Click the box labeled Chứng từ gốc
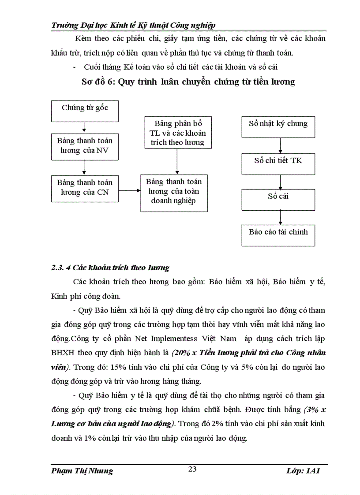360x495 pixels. point(85,111)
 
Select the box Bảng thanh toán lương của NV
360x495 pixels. point(85,146)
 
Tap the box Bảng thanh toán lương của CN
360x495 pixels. point(85,188)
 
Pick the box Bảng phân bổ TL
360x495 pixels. point(177,132)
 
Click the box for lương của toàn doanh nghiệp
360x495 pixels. point(174,193)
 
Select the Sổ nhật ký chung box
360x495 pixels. point(278,127)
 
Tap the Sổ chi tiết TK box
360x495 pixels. point(278,164)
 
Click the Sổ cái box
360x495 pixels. point(278,199)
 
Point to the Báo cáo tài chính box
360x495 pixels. point(278,235)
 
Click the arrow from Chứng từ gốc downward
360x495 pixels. point(84,127)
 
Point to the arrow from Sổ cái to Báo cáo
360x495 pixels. point(280,217)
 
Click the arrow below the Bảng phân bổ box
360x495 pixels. point(177,161)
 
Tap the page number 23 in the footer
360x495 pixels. point(192,469)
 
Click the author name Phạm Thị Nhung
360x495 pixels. point(82,471)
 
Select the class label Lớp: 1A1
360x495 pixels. point(303,471)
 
